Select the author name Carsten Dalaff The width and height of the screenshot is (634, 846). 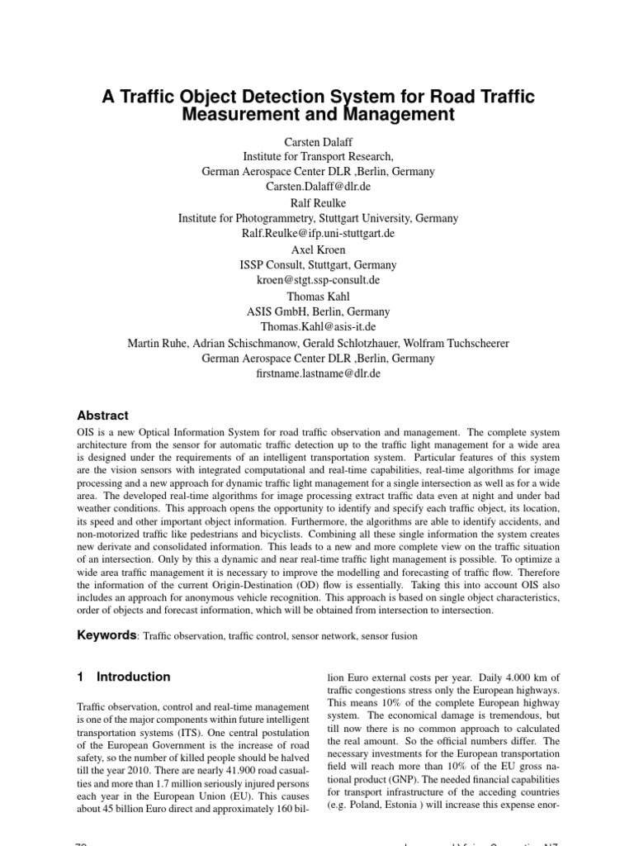coord(318,141)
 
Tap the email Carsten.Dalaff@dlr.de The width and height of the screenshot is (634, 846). coord(318,187)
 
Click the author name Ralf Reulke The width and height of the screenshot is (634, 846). coord(318,202)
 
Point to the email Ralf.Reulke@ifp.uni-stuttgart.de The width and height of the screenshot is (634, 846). coord(318,234)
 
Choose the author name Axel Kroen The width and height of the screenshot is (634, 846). coord(318,250)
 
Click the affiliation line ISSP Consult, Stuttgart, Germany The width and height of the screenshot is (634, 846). coord(318,265)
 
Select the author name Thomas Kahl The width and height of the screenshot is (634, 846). coord(318,297)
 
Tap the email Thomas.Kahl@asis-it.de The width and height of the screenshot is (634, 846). coord(318,328)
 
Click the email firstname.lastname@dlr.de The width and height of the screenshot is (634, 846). coord(318,374)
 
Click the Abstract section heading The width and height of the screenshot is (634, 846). coord(102,416)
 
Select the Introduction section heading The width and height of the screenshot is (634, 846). coord(133,677)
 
